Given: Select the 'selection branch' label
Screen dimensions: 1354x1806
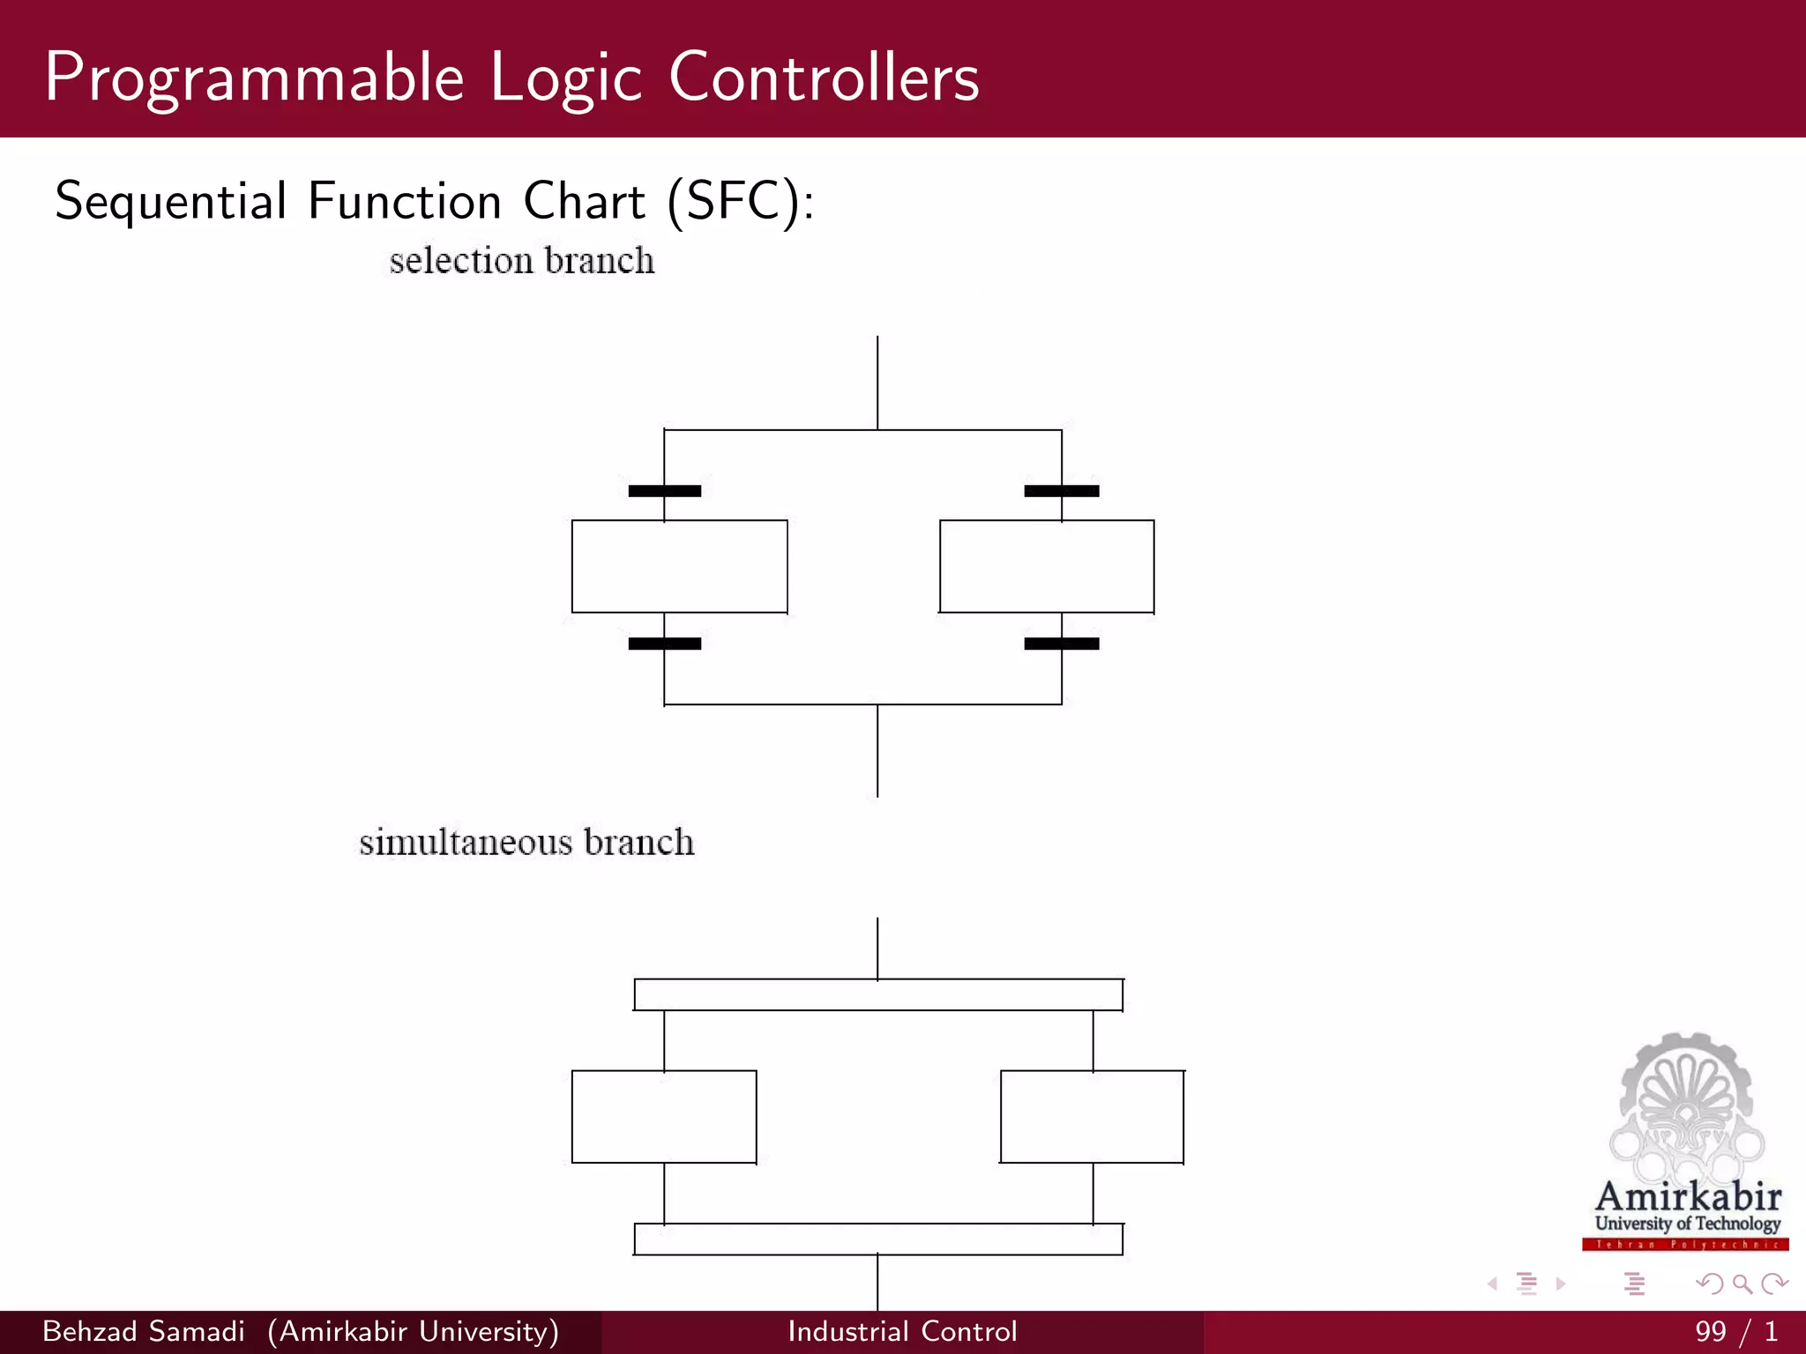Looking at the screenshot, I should pyautogui.click(x=522, y=261).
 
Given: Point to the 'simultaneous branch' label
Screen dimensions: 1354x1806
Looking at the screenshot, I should pyautogui.click(x=526, y=843).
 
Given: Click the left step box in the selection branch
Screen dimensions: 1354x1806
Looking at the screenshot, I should pyautogui.click(x=679, y=566).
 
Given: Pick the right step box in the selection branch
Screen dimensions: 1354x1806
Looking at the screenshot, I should pyautogui.click(x=1047, y=566).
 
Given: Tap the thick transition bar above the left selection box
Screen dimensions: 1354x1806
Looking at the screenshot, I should pyautogui.click(x=665, y=491).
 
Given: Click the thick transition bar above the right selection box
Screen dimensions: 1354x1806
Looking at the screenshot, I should pyautogui.click(x=1062, y=491).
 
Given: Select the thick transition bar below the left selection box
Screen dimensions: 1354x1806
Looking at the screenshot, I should pyautogui.click(x=665, y=644).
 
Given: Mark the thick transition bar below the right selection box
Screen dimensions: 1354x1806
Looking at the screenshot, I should pyautogui.click(x=1062, y=644).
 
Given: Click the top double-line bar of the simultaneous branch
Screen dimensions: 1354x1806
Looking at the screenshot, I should pyautogui.click(x=878, y=994).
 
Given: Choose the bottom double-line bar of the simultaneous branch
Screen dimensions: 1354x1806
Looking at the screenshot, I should pyautogui.click(x=878, y=1239).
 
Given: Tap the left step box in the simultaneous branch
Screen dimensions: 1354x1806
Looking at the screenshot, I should pyautogui.click(x=664, y=1117).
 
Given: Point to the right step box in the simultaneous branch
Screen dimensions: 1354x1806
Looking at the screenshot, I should pyautogui.click(x=1092, y=1117).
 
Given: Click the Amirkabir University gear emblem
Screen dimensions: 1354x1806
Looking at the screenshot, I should pyautogui.click(x=1686, y=1106).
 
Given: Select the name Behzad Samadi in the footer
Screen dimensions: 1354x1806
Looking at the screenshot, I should pyautogui.click(x=144, y=1331).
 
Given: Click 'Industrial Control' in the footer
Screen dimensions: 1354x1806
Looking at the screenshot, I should pyautogui.click(x=902, y=1331).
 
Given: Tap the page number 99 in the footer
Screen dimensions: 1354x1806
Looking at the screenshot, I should pyautogui.click(x=1711, y=1331).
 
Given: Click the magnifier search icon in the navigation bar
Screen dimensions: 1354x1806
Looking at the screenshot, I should pyautogui.click(x=1742, y=1283).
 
